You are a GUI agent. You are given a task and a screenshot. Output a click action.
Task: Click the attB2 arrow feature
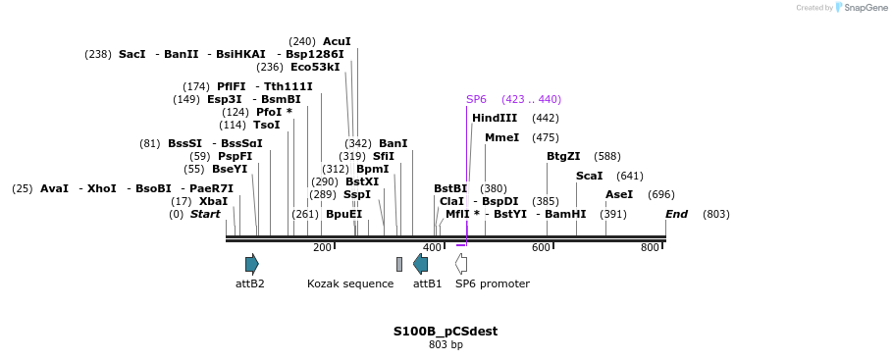tap(252, 263)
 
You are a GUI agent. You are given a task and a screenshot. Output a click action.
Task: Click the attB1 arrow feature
tap(420, 263)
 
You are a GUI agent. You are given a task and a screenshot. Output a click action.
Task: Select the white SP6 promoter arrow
tap(461, 263)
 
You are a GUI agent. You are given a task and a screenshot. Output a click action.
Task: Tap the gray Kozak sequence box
tap(399, 264)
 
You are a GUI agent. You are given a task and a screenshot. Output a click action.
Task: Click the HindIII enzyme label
tap(495, 118)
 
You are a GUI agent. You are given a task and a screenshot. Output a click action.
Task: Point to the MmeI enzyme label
tap(501, 137)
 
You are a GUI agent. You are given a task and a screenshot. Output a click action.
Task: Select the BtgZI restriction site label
tap(563, 156)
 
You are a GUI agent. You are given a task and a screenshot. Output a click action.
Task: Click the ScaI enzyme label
tap(589, 176)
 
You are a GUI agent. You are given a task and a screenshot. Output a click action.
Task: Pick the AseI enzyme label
tap(619, 194)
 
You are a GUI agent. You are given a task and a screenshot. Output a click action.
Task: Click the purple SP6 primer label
tap(476, 99)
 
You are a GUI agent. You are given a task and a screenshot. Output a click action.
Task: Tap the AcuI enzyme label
tap(337, 41)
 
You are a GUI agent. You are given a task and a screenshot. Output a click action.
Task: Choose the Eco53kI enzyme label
tap(315, 67)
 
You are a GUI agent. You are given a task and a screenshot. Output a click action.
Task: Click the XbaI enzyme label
tap(213, 201)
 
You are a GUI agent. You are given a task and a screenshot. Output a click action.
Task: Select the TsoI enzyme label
tap(266, 125)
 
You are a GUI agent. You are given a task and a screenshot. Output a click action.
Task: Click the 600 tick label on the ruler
tap(541, 247)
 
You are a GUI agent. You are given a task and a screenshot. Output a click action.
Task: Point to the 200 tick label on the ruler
tap(322, 247)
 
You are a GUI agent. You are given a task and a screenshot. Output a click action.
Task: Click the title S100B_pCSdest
tap(446, 331)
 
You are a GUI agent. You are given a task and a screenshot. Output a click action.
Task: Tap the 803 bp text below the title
tap(446, 344)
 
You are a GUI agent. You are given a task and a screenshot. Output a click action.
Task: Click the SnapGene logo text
tap(866, 8)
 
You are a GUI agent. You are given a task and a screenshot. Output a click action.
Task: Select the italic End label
tap(676, 214)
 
